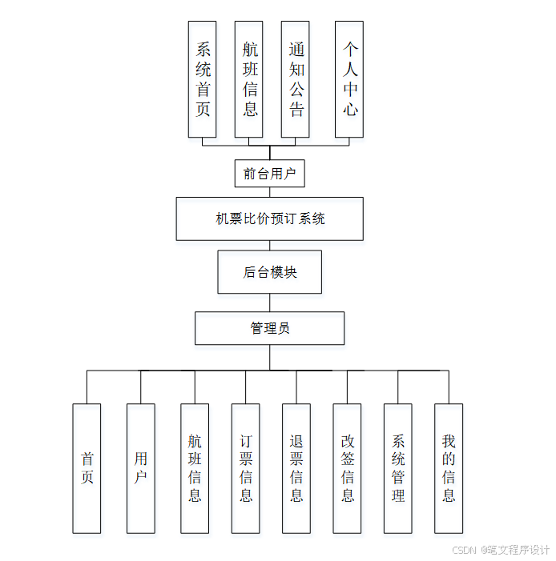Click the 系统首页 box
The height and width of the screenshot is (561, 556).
[x=203, y=79]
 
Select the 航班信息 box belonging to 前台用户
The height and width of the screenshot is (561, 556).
[x=249, y=79]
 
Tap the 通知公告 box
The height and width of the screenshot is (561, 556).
[x=296, y=79]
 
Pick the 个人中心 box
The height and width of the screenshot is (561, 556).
[x=349, y=79]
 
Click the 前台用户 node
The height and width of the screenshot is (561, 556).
[x=269, y=174]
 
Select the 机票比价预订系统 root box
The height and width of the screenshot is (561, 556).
[x=269, y=218]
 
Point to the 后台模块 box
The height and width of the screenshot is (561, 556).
[x=269, y=272]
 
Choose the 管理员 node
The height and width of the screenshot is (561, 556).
[x=269, y=328]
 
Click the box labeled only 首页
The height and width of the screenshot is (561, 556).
[x=87, y=468]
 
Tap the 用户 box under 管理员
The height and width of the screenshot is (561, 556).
[x=141, y=468]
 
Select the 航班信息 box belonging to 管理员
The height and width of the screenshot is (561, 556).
[x=195, y=468]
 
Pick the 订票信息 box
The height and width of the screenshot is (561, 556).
[x=245, y=468]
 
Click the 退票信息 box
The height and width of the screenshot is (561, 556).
[x=296, y=468]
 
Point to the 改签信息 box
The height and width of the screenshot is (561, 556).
[x=347, y=468]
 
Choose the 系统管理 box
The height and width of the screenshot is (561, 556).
[x=398, y=468]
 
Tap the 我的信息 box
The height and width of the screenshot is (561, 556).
[x=449, y=468]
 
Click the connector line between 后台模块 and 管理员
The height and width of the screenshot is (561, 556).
[x=269, y=303]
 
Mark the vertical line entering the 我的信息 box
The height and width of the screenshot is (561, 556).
[x=449, y=387]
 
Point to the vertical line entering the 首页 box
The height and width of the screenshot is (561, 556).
[x=87, y=387]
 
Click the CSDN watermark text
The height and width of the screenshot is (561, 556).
[x=501, y=551]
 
